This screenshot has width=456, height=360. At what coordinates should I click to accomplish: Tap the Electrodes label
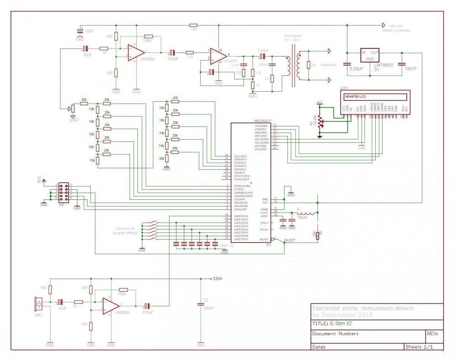click(328, 65)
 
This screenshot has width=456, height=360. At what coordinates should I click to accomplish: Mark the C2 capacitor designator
click(205, 300)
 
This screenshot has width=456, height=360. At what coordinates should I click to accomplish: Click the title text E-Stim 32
click(341, 323)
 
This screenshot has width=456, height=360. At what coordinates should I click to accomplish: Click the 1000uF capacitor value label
click(264, 50)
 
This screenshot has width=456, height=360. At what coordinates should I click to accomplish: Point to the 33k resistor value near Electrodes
click(314, 65)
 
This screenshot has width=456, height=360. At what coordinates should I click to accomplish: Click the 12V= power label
click(216, 278)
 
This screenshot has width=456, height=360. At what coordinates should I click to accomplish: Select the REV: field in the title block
click(432, 334)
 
